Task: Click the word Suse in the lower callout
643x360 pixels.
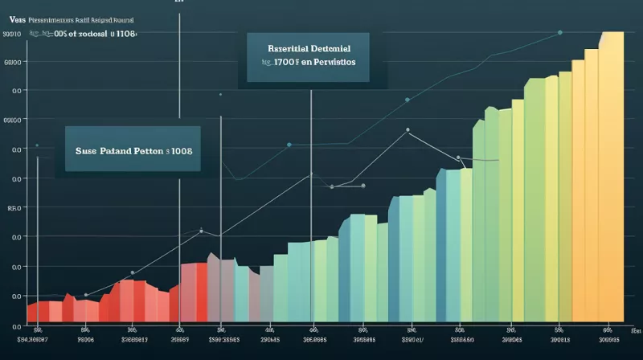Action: (87, 150)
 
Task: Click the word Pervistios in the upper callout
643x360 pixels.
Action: (334, 61)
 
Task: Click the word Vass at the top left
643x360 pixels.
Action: (12, 17)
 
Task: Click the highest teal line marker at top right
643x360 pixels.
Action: (559, 32)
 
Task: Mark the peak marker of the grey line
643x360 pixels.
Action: (408, 129)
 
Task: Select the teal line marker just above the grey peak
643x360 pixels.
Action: (408, 100)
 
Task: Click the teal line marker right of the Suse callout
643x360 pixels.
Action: (289, 145)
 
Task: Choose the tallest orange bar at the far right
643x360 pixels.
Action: (612, 177)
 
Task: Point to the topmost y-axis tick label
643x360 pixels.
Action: (11, 35)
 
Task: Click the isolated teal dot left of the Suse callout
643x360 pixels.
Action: (37, 145)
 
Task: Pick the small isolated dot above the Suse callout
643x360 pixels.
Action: (219, 94)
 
